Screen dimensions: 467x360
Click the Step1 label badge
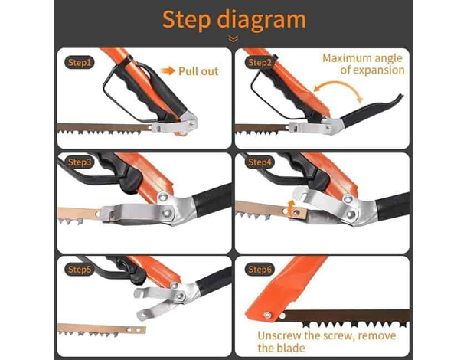pyautogui.click(x=79, y=63)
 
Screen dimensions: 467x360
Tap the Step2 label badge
pyautogui.click(x=260, y=63)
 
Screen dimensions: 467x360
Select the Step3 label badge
pyautogui.click(x=79, y=162)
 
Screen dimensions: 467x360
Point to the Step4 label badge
pyautogui.click(x=260, y=162)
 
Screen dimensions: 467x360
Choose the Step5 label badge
pyautogui.click(x=79, y=270)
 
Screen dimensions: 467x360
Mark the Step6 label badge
pyautogui.click(x=260, y=270)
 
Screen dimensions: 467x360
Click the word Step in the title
pyautogui.click(x=187, y=20)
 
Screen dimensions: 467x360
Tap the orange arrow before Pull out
pyautogui.click(x=168, y=71)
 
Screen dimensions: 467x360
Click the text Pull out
pyautogui.click(x=198, y=71)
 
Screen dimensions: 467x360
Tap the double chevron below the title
pyautogui.click(x=233, y=39)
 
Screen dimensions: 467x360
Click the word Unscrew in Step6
pyautogui.click(x=279, y=335)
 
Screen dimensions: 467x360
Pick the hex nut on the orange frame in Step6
pyautogui.click(x=267, y=315)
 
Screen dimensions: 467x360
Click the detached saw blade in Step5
pyautogui.click(x=102, y=330)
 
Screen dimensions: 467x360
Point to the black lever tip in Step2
pyautogui.click(x=399, y=97)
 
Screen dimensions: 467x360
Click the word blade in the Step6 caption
pyautogui.click(x=292, y=348)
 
